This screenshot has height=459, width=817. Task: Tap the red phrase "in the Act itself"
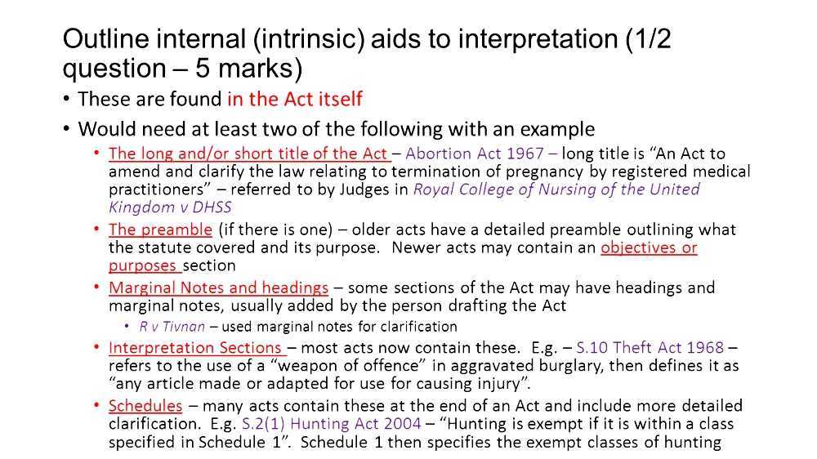[295, 100]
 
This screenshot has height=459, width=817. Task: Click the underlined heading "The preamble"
[161, 229]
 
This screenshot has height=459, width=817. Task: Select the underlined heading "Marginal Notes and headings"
[218, 287]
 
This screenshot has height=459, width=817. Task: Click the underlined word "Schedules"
[145, 406]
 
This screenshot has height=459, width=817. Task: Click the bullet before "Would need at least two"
[66, 130]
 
